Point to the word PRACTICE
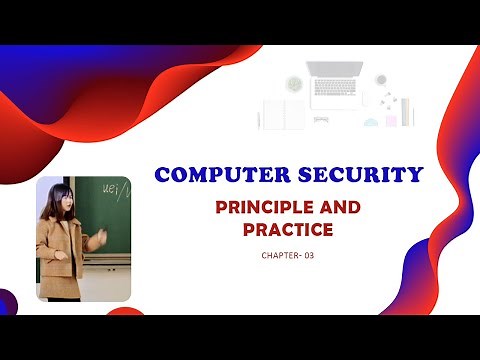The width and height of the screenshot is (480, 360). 287,231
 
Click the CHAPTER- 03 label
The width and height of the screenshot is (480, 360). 287,257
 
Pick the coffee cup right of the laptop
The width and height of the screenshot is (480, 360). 381,80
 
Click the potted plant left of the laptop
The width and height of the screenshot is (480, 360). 295,83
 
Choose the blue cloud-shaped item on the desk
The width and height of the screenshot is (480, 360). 370,122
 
